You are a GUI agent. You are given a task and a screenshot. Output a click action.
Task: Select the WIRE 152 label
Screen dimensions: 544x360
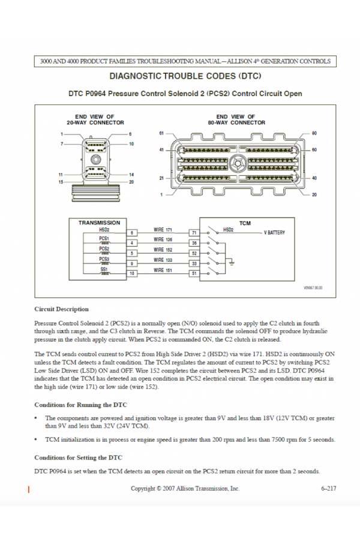coord(163,249)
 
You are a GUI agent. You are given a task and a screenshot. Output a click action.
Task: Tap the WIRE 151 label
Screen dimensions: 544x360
coord(163,270)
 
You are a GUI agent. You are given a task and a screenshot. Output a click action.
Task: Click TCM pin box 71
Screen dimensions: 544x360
coord(194,232)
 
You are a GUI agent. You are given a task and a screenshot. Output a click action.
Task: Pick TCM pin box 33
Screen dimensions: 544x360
coord(194,264)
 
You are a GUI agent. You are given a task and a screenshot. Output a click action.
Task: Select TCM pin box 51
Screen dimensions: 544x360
coord(194,274)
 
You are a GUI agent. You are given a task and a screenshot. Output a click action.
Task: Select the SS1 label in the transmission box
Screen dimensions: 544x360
coord(104,270)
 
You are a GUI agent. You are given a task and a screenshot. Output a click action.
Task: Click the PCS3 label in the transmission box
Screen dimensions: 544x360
coord(104,259)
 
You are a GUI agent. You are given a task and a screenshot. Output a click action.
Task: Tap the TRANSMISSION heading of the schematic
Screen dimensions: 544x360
coord(100,223)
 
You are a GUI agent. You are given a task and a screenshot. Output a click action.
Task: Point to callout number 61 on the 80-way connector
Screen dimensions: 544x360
coord(161,132)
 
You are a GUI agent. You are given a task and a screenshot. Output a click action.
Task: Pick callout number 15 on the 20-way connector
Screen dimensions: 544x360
coord(61,182)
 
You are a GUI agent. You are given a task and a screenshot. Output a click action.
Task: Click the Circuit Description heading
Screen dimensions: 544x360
coord(62,309)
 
